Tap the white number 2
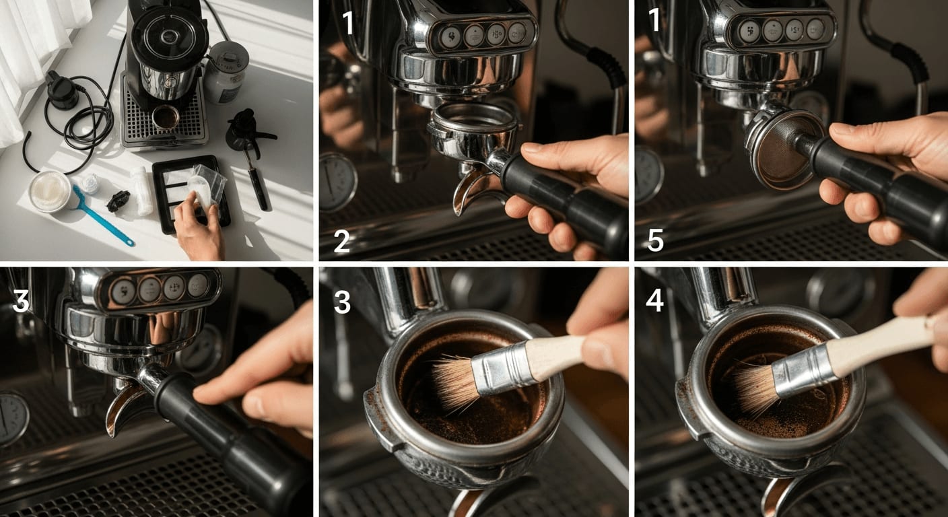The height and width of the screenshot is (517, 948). pos(341,241)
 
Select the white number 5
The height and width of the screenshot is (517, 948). pos(656,240)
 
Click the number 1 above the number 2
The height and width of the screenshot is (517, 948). pos(348,23)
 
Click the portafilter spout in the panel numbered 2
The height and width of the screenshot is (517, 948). pos(470,193)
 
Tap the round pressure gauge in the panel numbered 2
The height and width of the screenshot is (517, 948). pos(337,182)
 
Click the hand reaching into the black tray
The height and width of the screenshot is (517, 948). pos(199,224)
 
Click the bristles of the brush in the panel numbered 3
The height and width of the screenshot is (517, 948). pos(456,383)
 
